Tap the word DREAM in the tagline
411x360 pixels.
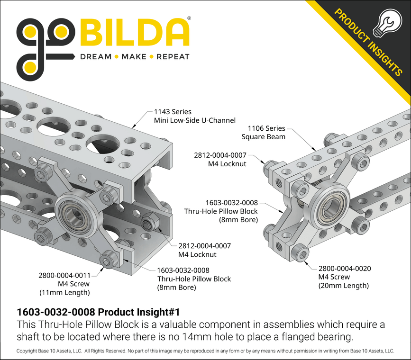click(96, 57)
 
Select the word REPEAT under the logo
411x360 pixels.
click(173, 57)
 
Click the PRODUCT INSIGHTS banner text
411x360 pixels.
click(368, 43)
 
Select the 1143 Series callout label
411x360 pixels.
click(173, 112)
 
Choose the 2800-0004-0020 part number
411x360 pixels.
click(344, 269)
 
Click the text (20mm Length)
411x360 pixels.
click(343, 286)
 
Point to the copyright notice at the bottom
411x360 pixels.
click(205, 351)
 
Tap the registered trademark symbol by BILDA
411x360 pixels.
click(189, 19)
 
